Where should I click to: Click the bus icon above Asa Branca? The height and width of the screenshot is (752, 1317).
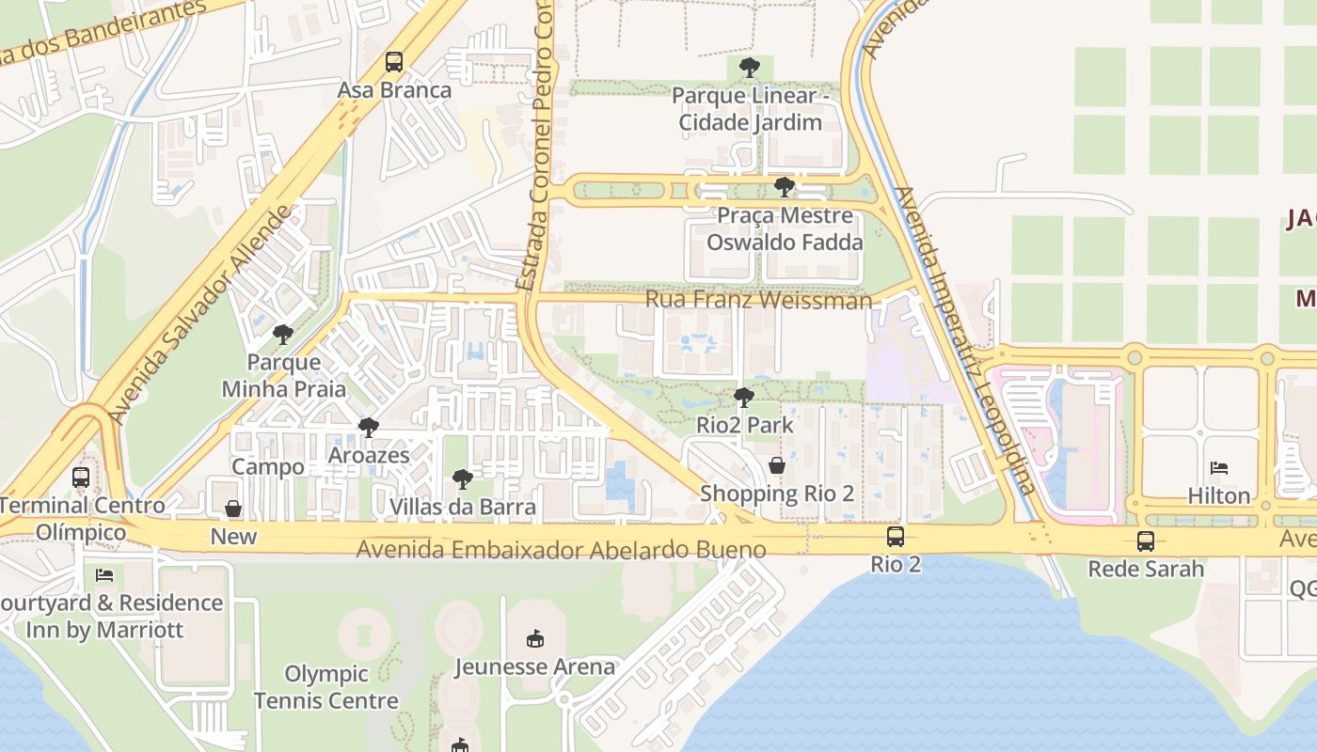(394, 63)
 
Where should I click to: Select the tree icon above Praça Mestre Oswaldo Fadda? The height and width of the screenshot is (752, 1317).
(784, 187)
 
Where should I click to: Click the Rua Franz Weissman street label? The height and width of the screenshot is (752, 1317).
(758, 300)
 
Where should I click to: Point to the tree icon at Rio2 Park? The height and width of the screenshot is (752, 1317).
(744, 398)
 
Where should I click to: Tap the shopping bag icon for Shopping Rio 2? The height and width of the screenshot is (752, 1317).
(777, 465)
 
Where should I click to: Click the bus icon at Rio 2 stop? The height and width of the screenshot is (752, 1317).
(896, 538)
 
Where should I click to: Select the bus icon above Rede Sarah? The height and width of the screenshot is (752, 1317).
(1145, 541)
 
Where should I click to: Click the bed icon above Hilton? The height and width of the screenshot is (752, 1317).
(1219, 468)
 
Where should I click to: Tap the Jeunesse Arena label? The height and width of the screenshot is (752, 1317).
(534, 666)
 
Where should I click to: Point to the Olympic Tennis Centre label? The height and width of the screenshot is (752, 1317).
(326, 687)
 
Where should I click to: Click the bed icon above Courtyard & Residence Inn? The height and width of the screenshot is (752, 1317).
(104, 574)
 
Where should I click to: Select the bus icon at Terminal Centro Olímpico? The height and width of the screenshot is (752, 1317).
(81, 478)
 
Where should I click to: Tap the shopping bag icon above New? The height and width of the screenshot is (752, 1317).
(233, 509)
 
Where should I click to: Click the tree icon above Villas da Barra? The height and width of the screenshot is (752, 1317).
(462, 479)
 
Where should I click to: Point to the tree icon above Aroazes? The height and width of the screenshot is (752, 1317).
(369, 429)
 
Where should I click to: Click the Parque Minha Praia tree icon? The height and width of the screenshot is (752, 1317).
(283, 335)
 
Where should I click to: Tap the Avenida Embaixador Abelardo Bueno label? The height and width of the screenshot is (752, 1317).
(561, 549)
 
